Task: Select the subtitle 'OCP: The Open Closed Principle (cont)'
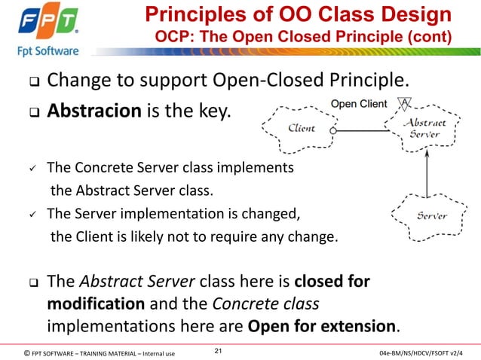304,37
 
